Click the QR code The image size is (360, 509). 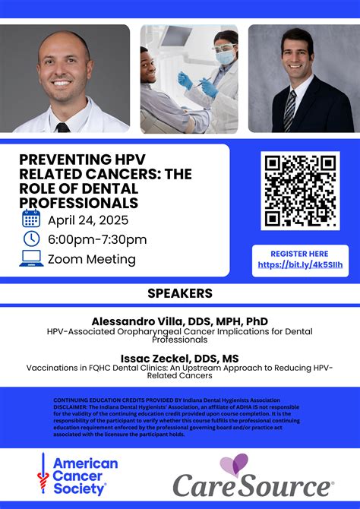[x=299, y=191]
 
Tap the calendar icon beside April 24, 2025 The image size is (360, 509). [x=31, y=220]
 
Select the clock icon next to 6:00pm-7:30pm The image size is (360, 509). [x=31, y=239]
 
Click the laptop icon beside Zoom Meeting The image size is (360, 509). [x=31, y=259]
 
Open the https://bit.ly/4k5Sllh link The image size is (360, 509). [x=300, y=264]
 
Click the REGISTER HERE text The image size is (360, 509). [x=300, y=254]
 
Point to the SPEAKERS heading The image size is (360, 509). [x=179, y=293]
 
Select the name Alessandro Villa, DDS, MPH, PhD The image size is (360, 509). [x=179, y=321]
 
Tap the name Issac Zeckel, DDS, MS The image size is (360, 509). [x=179, y=358]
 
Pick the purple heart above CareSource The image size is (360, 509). [x=234, y=464]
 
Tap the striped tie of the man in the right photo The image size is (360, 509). [x=289, y=109]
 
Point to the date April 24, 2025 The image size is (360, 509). [x=87, y=220]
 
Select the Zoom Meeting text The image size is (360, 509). [x=91, y=259]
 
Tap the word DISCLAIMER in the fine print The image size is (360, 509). [x=71, y=406]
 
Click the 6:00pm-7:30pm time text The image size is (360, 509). [x=96, y=240]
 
